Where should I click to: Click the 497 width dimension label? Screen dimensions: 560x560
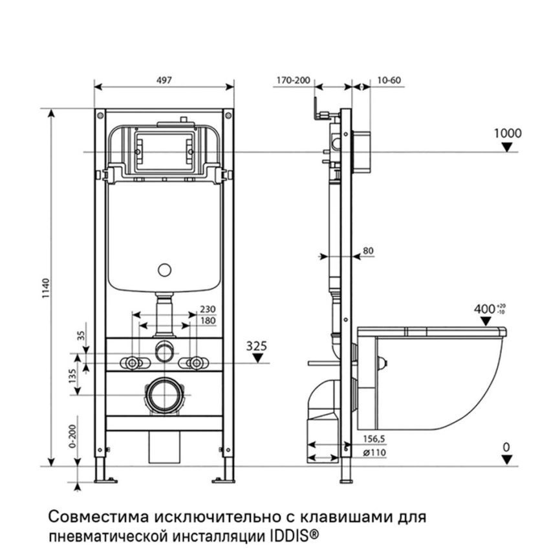(x=164, y=80)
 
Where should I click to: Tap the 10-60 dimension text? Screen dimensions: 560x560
(x=388, y=81)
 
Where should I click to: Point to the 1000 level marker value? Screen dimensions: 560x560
(x=507, y=133)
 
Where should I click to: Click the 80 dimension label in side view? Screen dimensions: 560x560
(x=369, y=250)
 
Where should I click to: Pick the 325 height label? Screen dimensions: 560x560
(x=257, y=347)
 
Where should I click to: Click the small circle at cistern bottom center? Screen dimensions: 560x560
(x=165, y=270)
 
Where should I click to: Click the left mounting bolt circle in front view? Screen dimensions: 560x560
(x=134, y=363)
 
